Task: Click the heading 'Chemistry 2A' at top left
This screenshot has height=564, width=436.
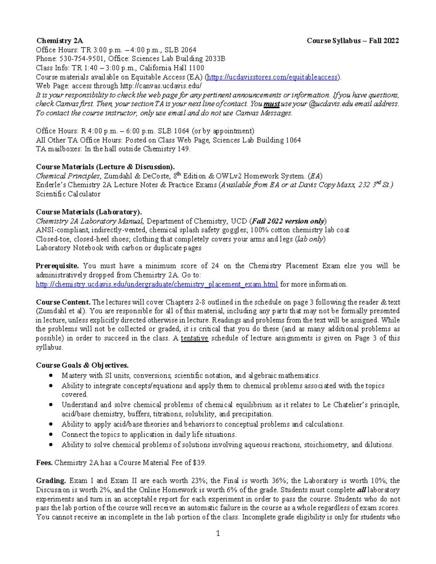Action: (x=59, y=41)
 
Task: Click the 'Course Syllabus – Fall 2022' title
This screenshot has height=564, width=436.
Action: (x=353, y=41)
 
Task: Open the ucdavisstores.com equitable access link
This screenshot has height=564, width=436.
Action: (x=273, y=77)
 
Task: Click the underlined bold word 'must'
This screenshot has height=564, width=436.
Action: (x=271, y=104)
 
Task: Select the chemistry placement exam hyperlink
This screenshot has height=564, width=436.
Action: (x=157, y=284)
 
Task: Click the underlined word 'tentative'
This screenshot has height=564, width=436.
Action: (x=194, y=338)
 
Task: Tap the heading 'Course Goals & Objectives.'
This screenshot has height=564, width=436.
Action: (x=82, y=365)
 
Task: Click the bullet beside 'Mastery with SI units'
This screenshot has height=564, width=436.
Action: (x=52, y=376)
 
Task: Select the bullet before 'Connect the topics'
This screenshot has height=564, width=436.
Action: (x=52, y=434)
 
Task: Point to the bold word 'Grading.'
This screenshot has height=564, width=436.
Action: (x=51, y=481)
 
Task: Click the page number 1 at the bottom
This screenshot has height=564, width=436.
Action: (x=218, y=533)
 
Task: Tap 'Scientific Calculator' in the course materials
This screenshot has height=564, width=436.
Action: (x=68, y=194)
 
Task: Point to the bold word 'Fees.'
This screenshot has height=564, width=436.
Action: (x=44, y=463)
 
